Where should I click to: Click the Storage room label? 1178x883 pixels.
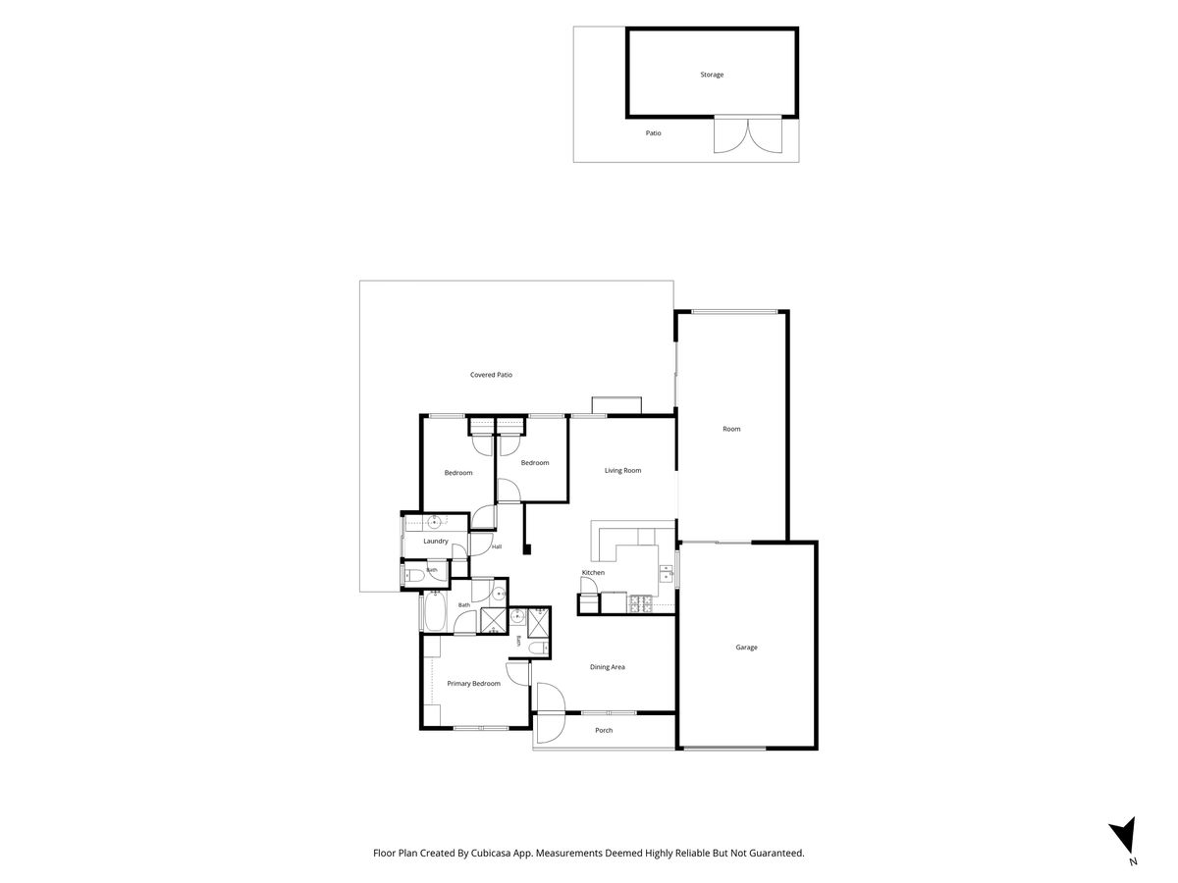712,75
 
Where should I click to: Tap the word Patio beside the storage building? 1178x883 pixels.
653,133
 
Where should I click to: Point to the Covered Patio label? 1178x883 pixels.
491,375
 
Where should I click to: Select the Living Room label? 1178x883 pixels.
622,470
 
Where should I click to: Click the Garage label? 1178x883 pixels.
746,648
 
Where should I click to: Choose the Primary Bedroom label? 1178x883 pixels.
473,683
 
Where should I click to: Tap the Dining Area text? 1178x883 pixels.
607,667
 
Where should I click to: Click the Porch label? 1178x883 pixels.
604,730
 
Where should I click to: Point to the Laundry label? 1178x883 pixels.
435,541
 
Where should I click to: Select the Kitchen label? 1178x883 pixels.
593,573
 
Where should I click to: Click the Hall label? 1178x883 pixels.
497,546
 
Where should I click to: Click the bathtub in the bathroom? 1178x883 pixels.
435,611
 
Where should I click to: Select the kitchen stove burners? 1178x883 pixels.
641,603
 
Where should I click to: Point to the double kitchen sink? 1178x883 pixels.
666,573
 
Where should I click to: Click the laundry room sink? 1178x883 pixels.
434,521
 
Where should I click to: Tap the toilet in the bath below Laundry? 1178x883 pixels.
415,576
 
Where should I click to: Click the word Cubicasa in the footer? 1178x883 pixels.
491,853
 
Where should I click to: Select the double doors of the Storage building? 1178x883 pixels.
748,135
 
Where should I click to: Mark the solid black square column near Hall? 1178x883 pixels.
527,549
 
